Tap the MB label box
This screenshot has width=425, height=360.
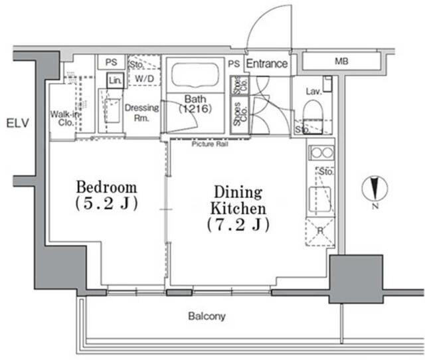coord(341,62)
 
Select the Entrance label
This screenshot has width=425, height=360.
coord(267,64)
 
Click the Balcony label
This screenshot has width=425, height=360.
coord(207,317)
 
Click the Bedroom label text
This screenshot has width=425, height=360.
coord(106,187)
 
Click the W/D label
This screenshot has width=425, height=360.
coord(143,78)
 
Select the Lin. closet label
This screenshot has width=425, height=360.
coord(115,80)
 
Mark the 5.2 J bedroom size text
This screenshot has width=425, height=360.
coord(106,203)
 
